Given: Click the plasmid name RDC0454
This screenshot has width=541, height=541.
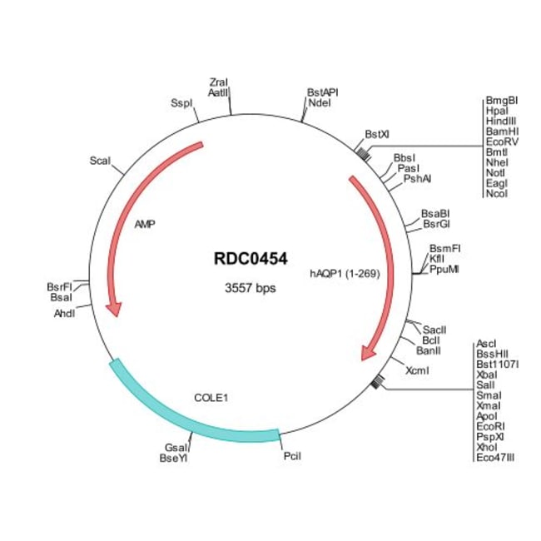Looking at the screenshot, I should tap(250, 259).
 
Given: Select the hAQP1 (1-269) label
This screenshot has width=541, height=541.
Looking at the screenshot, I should tap(345, 272).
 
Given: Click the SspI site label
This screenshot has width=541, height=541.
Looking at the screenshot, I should tap(181, 103).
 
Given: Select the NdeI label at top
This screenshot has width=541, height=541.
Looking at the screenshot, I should tap(320, 102).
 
